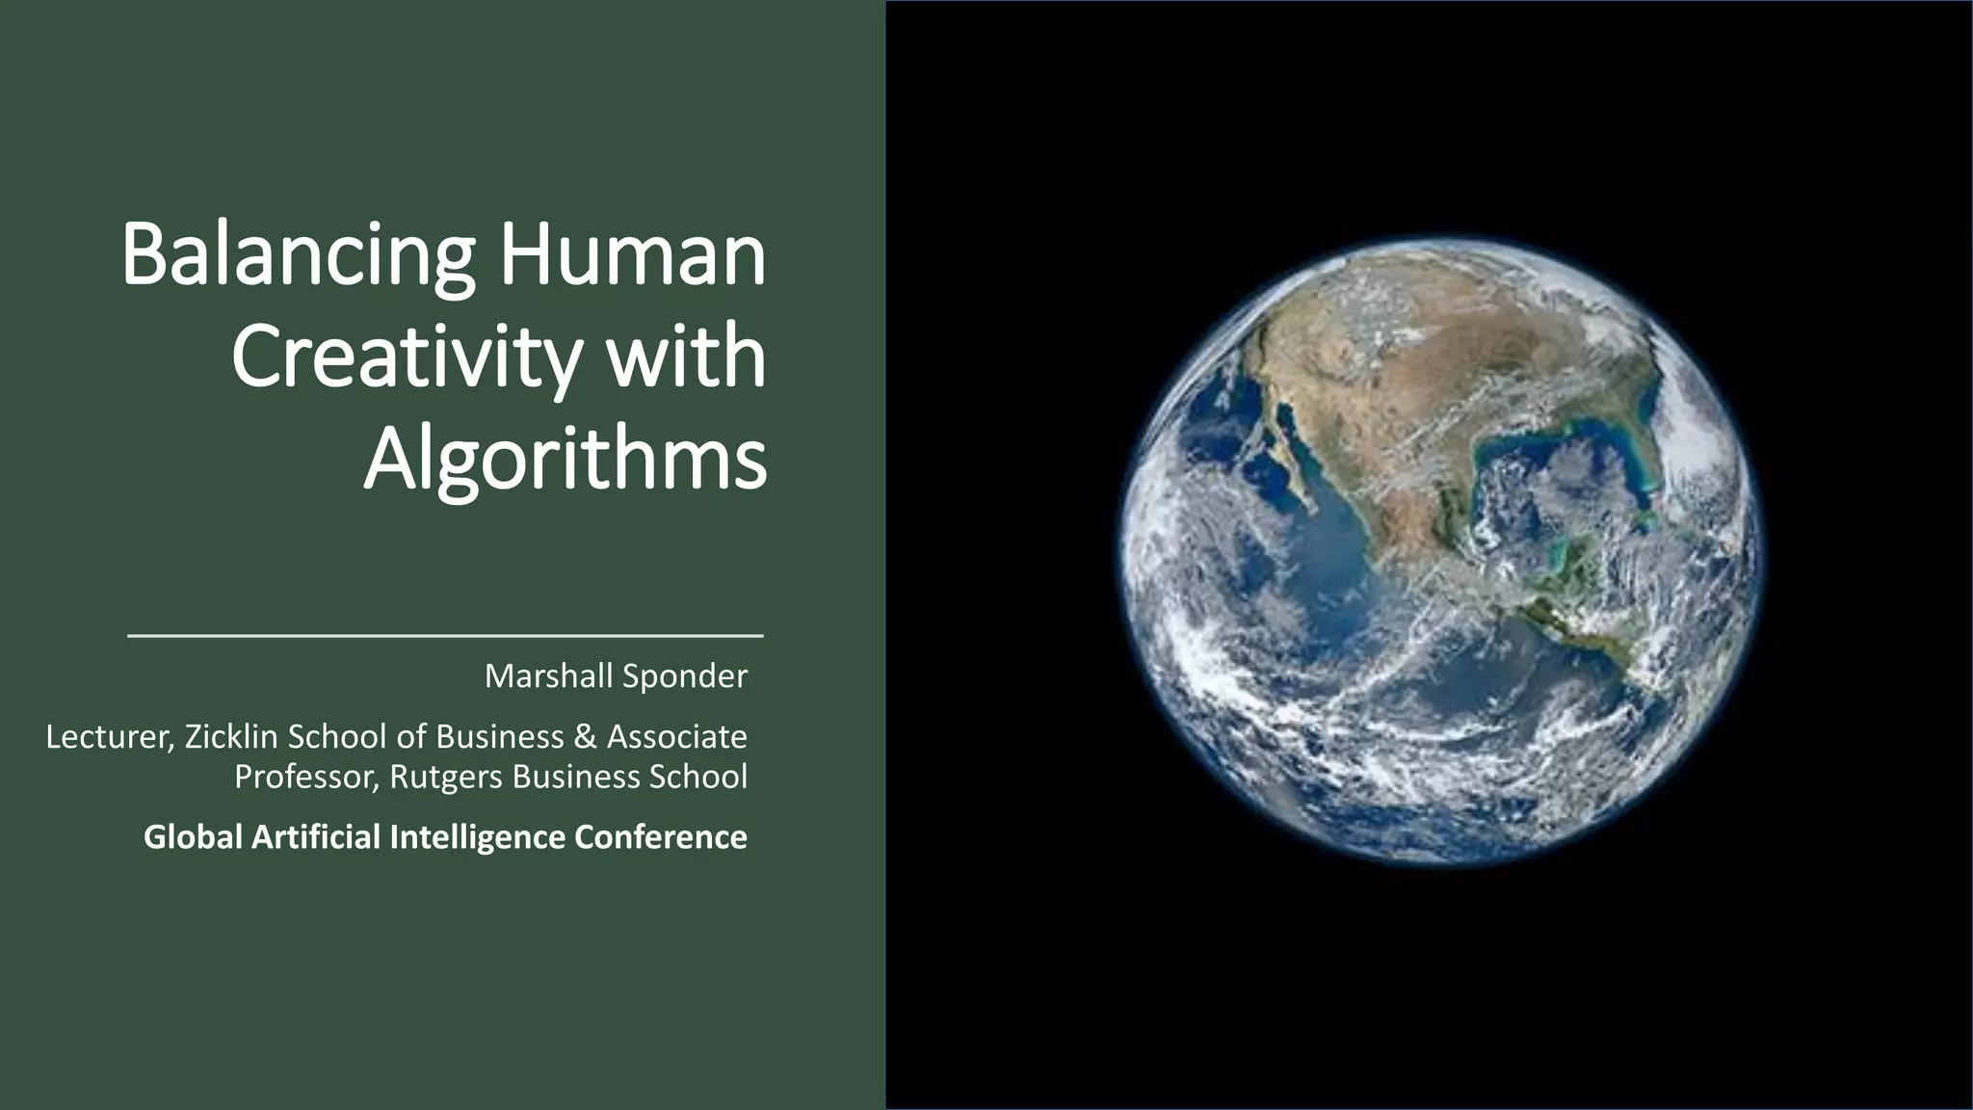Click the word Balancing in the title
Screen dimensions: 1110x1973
click(298, 256)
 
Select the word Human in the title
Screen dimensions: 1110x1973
click(631, 256)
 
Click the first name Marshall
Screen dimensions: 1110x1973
click(545, 676)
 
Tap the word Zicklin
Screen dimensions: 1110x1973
click(231, 737)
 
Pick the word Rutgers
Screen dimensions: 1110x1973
click(446, 777)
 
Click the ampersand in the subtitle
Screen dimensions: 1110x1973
click(585, 737)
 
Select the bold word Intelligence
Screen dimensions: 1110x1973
click(477, 837)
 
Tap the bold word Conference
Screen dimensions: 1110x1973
click(661, 837)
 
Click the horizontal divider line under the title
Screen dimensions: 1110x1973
click(445, 636)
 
